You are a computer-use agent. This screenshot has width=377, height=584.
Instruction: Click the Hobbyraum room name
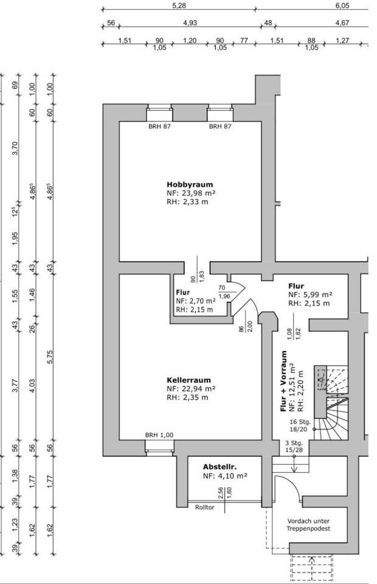click(190, 184)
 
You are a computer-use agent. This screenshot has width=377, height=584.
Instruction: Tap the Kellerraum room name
click(188, 380)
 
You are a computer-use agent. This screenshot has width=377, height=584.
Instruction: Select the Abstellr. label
click(220, 467)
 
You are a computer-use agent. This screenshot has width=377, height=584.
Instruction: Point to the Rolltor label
click(205, 507)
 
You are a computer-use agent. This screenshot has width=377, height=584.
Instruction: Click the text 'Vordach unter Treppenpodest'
click(308, 525)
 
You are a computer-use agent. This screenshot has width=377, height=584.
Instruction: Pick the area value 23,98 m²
click(196, 193)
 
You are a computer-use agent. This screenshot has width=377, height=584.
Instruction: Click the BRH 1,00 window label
click(159, 435)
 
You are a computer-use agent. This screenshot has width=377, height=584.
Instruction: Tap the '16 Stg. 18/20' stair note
click(300, 425)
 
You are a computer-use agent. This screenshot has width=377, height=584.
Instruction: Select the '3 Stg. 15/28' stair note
click(294, 447)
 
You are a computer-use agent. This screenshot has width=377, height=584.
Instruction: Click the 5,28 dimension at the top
click(179, 5)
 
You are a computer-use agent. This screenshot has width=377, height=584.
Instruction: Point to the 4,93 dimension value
click(190, 23)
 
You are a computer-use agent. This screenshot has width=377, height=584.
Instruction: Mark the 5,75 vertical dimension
click(50, 357)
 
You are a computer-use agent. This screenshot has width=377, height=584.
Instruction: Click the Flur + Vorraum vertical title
click(284, 381)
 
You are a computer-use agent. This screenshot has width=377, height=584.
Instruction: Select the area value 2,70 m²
click(201, 301)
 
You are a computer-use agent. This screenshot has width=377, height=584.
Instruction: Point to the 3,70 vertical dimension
click(15, 148)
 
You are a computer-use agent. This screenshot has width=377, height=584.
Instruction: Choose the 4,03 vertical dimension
click(32, 386)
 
